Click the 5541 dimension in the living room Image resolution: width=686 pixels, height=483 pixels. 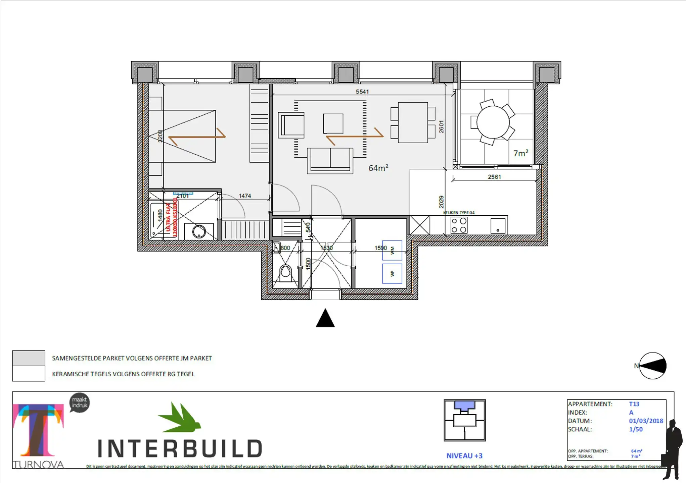362,92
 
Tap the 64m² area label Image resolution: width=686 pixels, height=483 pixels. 378,168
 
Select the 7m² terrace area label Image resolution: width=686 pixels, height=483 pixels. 520,153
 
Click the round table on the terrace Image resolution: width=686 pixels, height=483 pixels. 493,122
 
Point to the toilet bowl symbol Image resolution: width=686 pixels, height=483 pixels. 286,272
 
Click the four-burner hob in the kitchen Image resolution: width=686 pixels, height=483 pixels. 459,225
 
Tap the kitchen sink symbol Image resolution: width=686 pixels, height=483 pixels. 498,226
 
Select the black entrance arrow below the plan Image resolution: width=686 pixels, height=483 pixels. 325,318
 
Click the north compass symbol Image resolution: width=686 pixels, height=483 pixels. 652,366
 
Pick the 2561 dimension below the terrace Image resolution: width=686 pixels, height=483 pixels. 494,177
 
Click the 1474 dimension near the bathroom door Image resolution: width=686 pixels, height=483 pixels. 245,196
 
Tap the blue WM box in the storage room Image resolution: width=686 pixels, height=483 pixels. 392,250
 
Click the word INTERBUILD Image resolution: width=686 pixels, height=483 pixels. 180,448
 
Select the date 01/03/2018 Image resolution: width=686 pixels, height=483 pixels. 646,421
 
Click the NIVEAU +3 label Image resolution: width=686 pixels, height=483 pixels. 464,456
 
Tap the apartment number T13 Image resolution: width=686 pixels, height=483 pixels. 634,404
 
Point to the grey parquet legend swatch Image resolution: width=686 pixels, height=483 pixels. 29,358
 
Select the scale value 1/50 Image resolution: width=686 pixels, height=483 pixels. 636,429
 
